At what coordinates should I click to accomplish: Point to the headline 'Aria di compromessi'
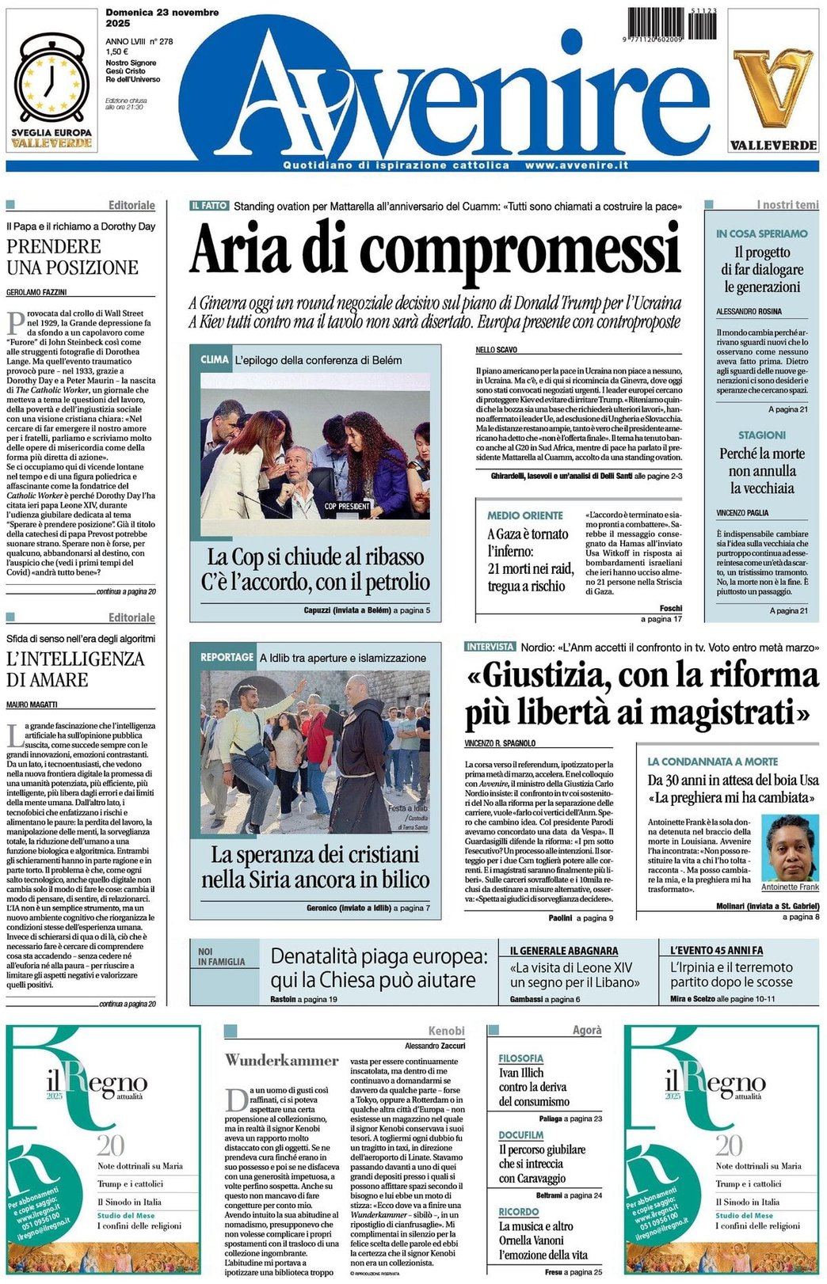[x=435, y=248]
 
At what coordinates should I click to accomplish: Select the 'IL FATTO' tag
[x=209, y=206]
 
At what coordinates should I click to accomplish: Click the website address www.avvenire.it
[x=576, y=165]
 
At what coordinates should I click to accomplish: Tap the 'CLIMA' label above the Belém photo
[x=215, y=359]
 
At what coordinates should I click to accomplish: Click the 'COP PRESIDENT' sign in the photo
[x=347, y=506]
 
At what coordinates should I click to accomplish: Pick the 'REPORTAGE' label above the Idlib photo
[x=227, y=658]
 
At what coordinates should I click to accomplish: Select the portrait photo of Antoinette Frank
[x=790, y=847]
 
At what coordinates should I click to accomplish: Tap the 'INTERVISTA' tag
[x=490, y=647]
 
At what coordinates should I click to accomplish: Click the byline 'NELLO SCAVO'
[x=497, y=349]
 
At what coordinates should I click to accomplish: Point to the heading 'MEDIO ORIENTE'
[x=524, y=515]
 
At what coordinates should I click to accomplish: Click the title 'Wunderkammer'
[x=281, y=1060]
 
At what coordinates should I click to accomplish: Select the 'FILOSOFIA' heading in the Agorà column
[x=520, y=1058]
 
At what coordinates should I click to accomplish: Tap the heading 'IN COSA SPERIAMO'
[x=761, y=234]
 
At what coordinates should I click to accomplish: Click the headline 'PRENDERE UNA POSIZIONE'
[x=72, y=256]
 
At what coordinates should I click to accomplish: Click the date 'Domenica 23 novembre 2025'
[x=162, y=17]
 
